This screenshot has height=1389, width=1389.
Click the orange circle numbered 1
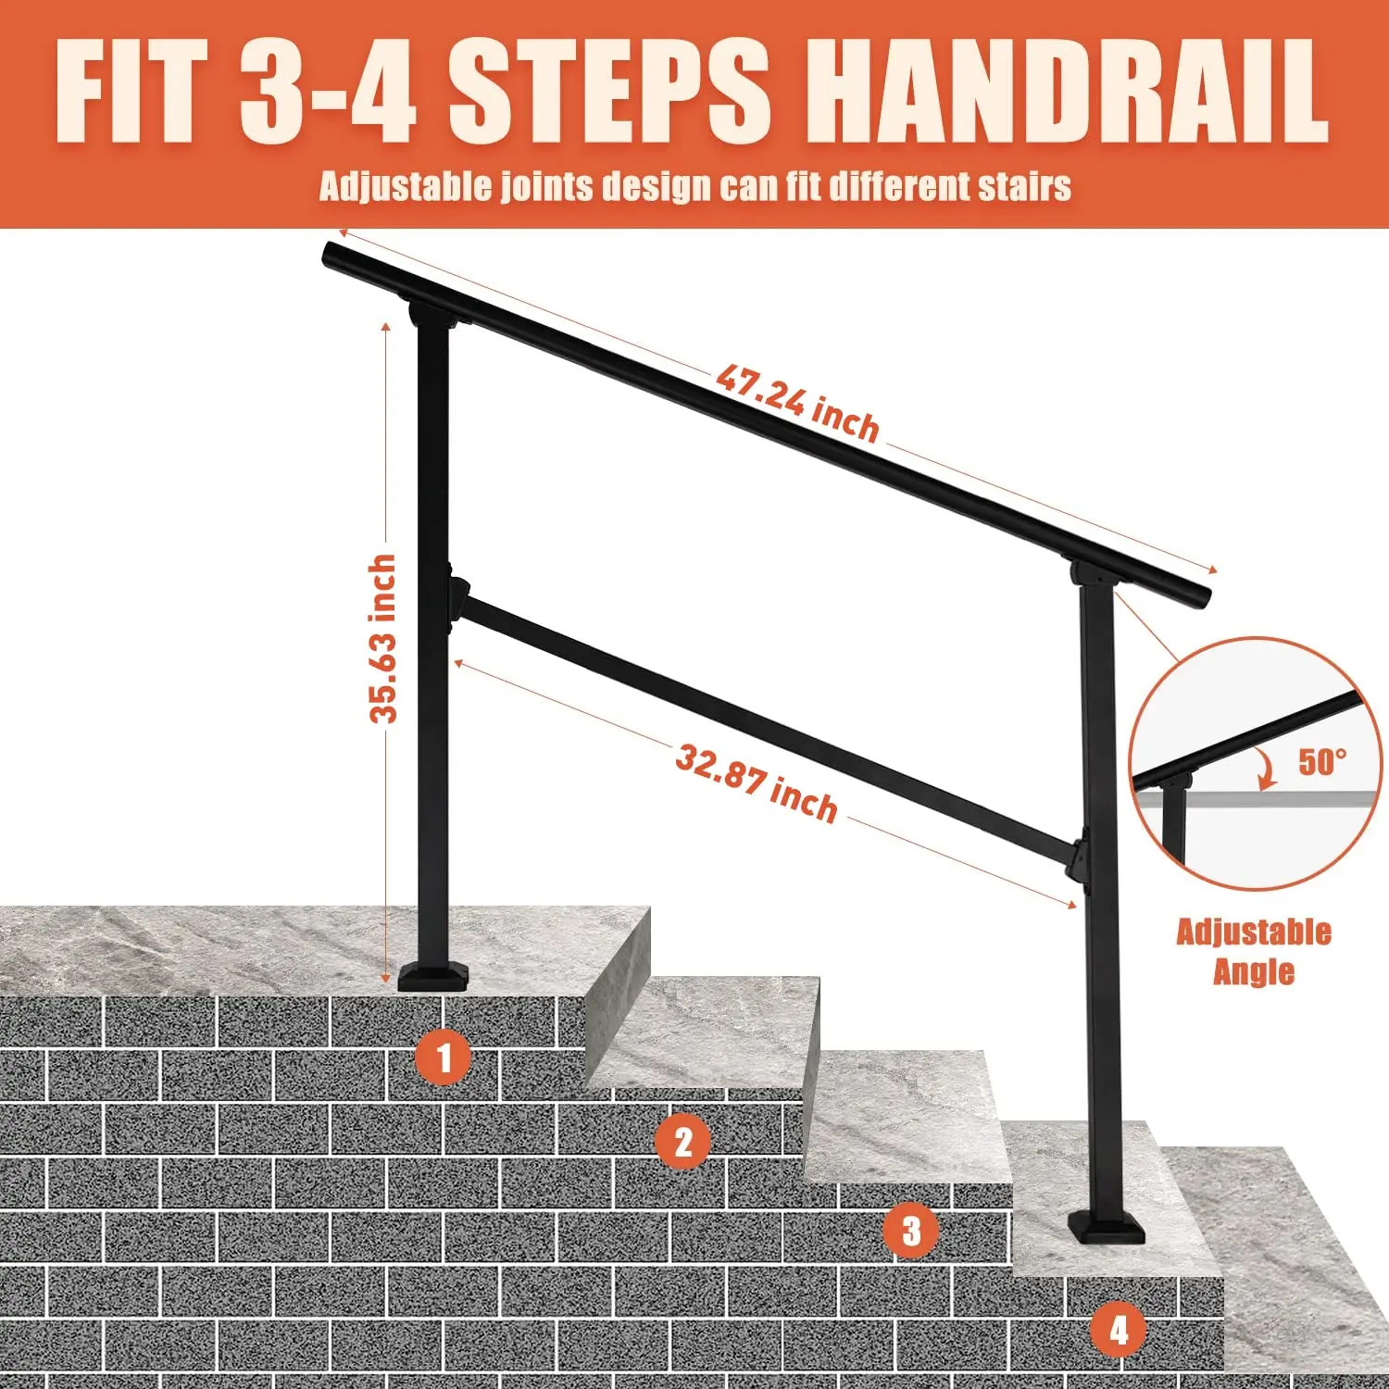[444, 1057]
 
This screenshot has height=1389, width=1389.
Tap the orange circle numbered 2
[683, 1142]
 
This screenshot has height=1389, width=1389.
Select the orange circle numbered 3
[912, 1231]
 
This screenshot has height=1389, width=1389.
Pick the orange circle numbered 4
[1119, 1331]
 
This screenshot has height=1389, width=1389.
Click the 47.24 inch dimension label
[797, 404]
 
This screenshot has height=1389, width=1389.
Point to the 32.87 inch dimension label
[757, 783]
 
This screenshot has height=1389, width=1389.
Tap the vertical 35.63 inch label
[382, 638]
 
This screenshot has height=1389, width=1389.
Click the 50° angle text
[1321, 761]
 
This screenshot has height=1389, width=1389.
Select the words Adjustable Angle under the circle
[1254, 951]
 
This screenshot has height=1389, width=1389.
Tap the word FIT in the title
[131, 92]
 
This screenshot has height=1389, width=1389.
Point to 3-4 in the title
[327, 92]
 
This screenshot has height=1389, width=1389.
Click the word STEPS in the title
[609, 92]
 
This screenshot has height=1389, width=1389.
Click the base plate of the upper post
[434, 978]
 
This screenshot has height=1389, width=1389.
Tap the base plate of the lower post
[1107, 1229]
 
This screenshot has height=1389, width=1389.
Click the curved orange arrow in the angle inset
[1265, 769]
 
